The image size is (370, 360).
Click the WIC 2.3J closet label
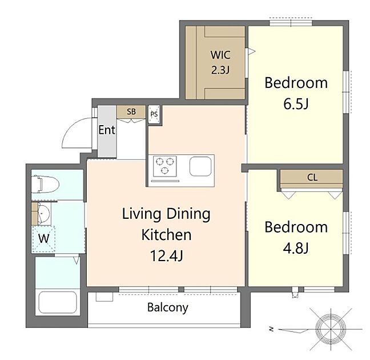click(220, 63)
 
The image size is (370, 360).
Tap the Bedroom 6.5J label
click(296, 93)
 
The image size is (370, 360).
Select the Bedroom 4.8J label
click(296, 237)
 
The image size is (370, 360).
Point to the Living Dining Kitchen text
click(166, 224)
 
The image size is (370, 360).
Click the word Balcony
click(167, 307)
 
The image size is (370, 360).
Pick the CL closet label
click(312, 177)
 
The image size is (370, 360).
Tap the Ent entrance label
click(107, 130)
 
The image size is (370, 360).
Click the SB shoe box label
click(131, 112)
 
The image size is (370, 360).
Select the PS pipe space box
click(154, 114)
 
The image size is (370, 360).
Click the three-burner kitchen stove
click(166, 166)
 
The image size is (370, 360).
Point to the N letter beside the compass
click(272, 329)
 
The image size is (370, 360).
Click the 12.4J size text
click(166, 255)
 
